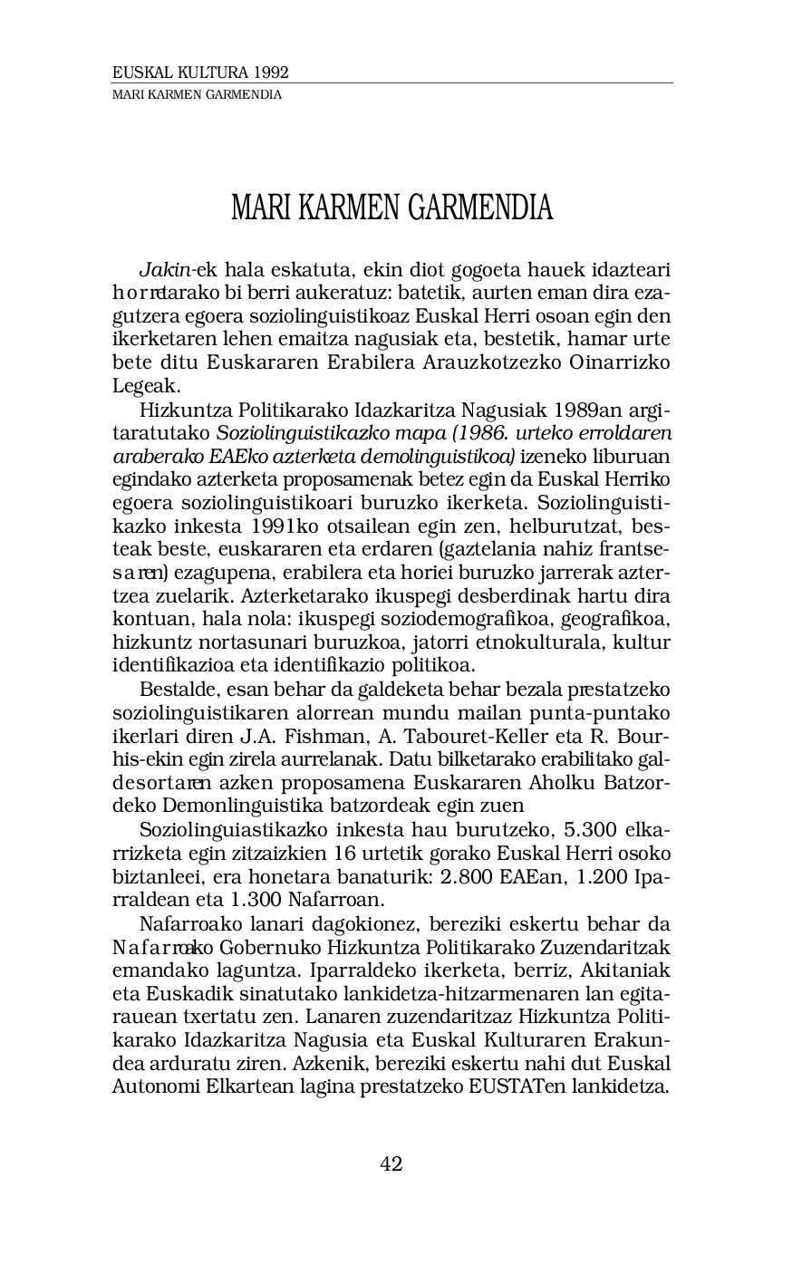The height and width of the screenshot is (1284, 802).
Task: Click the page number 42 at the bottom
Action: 391,1164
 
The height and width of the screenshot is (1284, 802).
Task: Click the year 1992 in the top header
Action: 272,73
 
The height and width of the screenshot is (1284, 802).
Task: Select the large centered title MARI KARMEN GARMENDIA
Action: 391,208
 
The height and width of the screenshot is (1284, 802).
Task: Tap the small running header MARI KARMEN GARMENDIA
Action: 196,94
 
